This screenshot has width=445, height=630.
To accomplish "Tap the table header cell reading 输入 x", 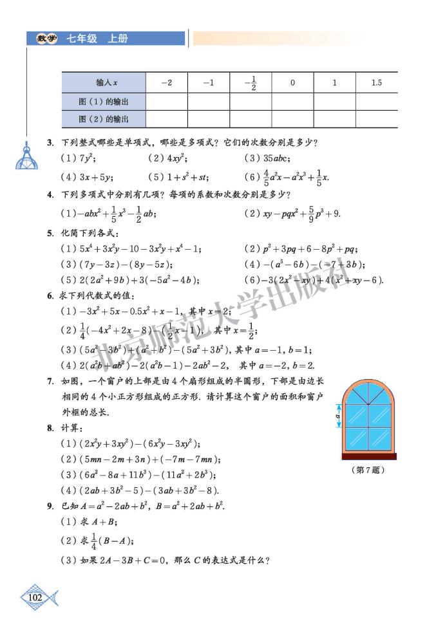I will (104, 82).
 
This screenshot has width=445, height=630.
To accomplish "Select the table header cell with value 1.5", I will (377, 82).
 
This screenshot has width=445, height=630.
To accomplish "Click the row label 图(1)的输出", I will (104, 101).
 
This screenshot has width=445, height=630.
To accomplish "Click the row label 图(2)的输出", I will (104, 119).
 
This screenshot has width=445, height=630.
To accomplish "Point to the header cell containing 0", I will (292, 82).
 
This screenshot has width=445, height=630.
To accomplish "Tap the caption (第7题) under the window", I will (369, 470).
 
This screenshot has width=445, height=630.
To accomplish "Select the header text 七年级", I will (82, 39).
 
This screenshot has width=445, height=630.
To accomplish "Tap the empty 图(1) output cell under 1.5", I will (377, 101).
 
